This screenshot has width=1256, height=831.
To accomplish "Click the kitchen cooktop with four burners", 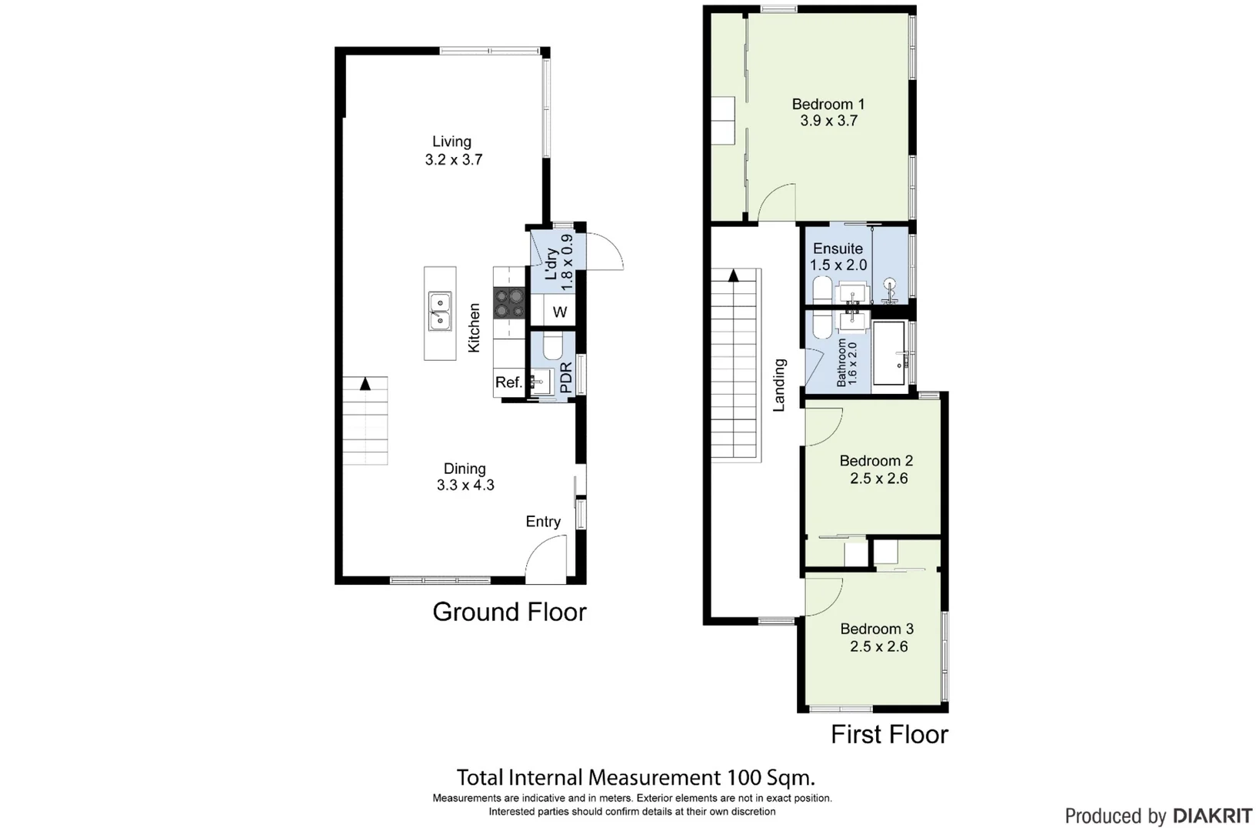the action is coord(509,303).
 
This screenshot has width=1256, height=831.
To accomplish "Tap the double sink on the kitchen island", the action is coord(440,312).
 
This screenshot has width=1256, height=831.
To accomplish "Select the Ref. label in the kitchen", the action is coord(508,382).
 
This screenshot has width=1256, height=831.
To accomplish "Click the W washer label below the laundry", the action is coord(560,312).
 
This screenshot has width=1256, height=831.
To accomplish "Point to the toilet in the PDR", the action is coord(553,345).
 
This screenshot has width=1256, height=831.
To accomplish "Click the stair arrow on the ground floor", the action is coord(365,384).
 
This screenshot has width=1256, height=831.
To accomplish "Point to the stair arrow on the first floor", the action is coord(733,275).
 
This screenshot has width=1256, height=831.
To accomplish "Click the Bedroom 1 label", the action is coord(828,104).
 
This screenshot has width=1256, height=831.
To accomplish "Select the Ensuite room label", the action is coord(838,249).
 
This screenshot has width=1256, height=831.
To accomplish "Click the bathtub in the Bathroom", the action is coord(888,353).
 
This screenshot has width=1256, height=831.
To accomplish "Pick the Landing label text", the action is coord(779,385).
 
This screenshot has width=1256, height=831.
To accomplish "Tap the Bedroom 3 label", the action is coord(877,629).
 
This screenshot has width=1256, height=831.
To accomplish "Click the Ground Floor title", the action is coord(509,612).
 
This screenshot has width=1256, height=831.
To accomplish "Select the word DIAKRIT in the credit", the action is coord(1213,816).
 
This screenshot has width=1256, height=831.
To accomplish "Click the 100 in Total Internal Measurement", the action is coord(745,778).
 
